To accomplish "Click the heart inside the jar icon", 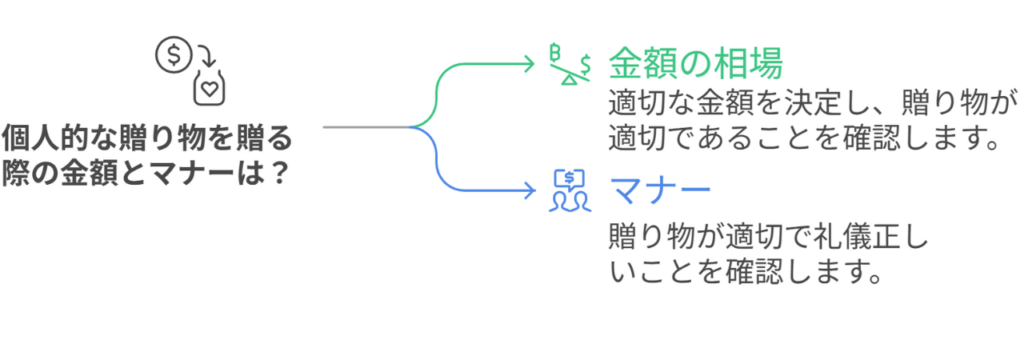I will click(x=209, y=89).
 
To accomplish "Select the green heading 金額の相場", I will click(x=694, y=63).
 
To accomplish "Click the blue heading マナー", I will click(x=660, y=190).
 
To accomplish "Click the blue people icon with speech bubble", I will click(x=568, y=190).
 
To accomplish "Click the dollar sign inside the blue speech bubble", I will click(x=569, y=179).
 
